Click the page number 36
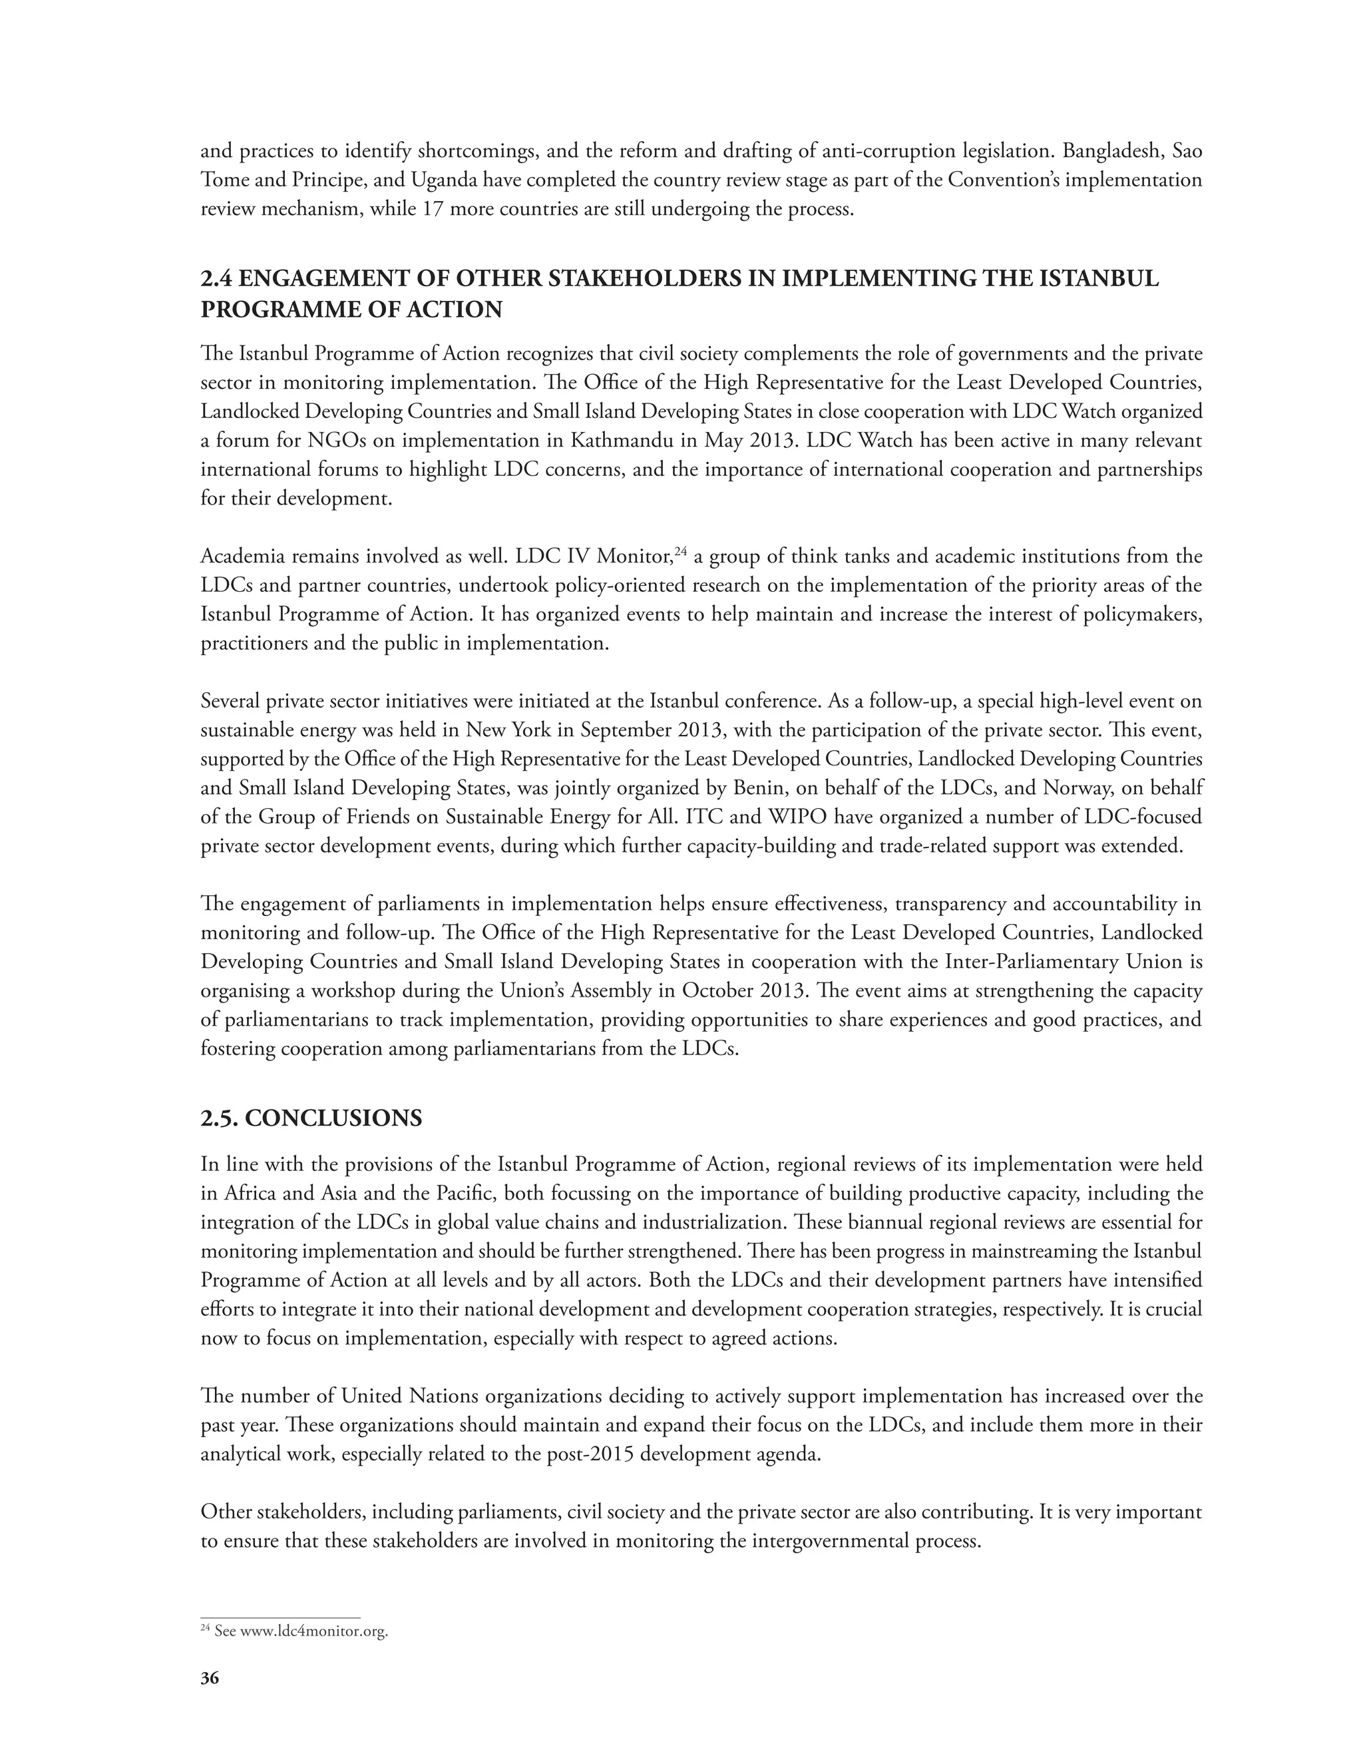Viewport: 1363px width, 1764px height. pos(209,1678)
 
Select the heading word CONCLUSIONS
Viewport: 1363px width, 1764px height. pos(333,1119)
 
